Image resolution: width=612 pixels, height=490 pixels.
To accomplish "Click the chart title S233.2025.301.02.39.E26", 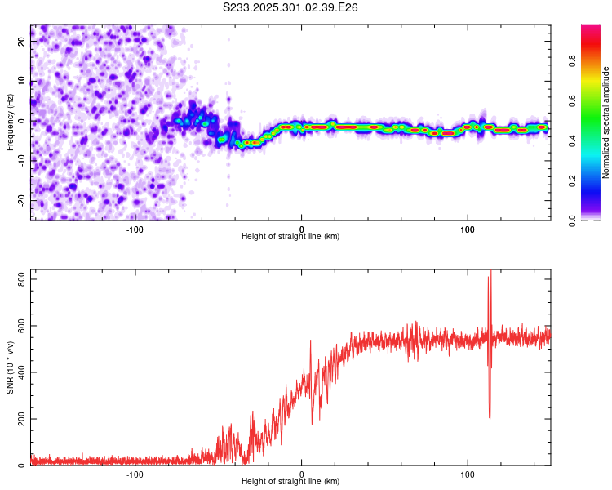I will (291, 7).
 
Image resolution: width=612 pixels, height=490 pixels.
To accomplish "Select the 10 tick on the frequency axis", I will (22, 82).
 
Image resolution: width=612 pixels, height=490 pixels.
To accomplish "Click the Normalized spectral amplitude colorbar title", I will (606, 122).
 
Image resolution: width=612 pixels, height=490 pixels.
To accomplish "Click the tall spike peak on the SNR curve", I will (490, 272).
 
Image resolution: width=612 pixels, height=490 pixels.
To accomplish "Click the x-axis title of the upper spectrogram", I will (290, 236).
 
